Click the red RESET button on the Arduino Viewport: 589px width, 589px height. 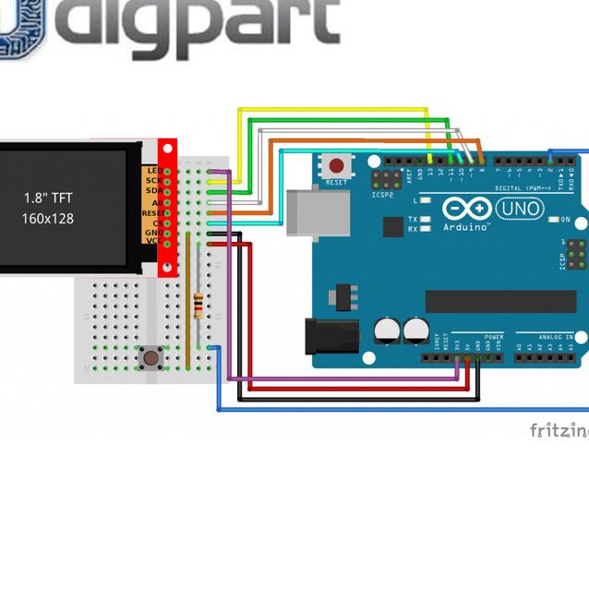[337, 167]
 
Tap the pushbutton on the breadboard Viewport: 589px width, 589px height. [148, 356]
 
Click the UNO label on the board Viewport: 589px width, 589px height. [519, 210]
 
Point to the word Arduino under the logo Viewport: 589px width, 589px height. [466, 227]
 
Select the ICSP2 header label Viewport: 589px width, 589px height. [382, 195]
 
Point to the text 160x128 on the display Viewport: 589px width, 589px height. [48, 219]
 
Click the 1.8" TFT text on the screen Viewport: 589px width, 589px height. [48, 198]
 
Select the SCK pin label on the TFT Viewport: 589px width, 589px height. [153, 181]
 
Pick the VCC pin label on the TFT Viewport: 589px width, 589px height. [153, 243]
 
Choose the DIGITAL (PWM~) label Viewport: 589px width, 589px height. [523, 188]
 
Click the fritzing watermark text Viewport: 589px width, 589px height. [559, 430]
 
